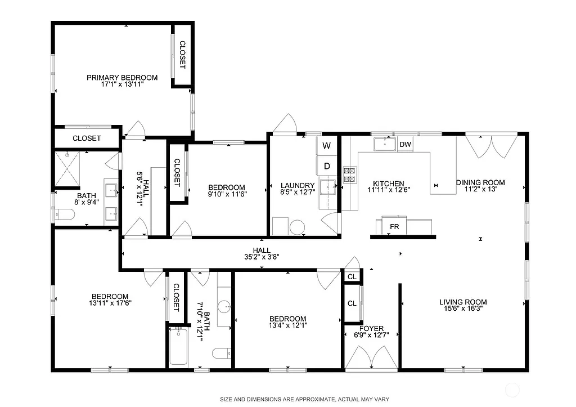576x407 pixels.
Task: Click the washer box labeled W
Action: pyautogui.click(x=326, y=146)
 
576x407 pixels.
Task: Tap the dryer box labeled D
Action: pyautogui.click(x=326, y=166)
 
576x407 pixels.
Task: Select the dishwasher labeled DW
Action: pyautogui.click(x=405, y=145)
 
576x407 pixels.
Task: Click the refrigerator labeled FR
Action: pyautogui.click(x=394, y=226)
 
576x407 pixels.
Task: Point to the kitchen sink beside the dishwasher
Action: pyautogui.click(x=385, y=144)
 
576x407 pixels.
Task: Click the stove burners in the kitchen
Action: pyautogui.click(x=349, y=175)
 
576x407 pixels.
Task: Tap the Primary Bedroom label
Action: pyautogui.click(x=122, y=78)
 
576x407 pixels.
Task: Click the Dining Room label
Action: pyautogui.click(x=480, y=182)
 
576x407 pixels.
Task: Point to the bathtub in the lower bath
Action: pyautogui.click(x=179, y=347)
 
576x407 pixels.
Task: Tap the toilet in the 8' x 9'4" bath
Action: pyautogui.click(x=64, y=214)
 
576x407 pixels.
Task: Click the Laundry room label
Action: pyautogui.click(x=297, y=186)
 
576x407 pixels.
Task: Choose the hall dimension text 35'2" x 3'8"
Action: pyautogui.click(x=261, y=257)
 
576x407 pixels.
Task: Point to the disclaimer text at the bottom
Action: pyautogui.click(x=304, y=399)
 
